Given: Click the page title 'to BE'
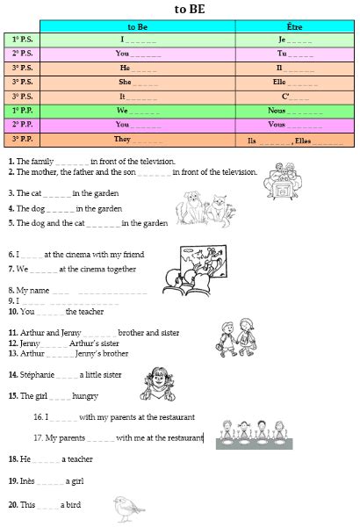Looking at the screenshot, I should pos(184,9).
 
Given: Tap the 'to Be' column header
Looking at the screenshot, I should pos(138,27).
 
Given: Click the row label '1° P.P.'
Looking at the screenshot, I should pos(22,111).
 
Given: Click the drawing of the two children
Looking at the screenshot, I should pos(234,338).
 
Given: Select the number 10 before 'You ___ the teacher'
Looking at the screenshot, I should pos(13,311).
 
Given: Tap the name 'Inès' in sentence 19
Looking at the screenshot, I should pos(28,481).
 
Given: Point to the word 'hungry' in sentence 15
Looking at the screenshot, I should pos(86,396).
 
